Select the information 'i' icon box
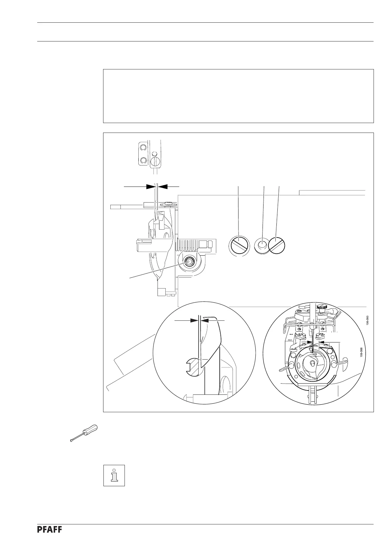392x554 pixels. [114, 475]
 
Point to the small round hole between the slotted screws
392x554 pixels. [262, 245]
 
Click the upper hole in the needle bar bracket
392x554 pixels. [143, 147]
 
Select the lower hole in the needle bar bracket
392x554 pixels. [143, 160]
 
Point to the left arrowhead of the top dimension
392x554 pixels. [151, 187]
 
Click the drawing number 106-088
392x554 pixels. [362, 352]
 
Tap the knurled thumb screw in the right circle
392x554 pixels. [322, 307]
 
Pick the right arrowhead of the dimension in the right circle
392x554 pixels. [322, 342]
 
